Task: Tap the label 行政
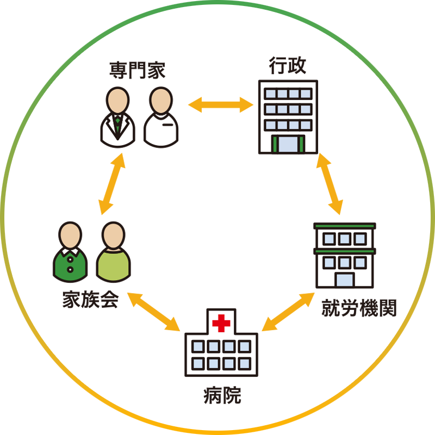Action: pos(287,66)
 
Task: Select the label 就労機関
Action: pos(359,308)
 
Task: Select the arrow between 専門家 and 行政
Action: pos(221,104)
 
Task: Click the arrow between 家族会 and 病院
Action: pos(153,312)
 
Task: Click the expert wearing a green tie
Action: pos(117,117)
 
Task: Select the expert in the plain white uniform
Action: pos(161,117)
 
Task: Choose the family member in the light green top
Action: pos(114,251)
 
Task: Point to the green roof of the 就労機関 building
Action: pos(344,225)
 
